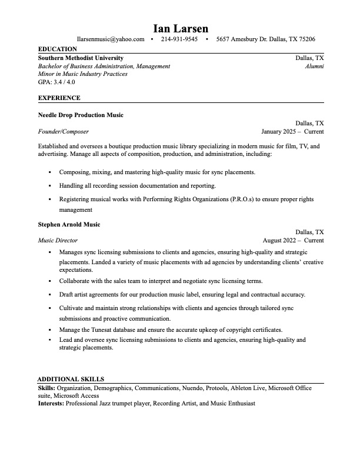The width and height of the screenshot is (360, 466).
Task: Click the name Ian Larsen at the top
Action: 181,28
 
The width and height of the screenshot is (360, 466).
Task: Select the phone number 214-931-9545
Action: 179,39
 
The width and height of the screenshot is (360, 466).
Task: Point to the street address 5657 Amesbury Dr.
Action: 241,39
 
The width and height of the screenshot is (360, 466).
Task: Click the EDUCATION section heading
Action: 57,49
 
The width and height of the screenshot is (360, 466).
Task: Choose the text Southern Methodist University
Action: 81,58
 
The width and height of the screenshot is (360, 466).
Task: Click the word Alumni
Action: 314,66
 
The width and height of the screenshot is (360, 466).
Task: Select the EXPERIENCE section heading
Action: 59,98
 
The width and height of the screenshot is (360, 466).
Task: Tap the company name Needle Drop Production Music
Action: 81,115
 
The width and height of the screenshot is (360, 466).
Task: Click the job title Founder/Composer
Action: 63,131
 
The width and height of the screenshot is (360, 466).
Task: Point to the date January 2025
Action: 280,131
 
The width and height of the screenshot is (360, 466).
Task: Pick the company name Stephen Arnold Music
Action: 69,224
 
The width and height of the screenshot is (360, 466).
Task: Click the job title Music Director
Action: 58,240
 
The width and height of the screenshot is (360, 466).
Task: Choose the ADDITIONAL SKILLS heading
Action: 71,380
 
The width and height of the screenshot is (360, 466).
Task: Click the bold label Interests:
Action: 51,404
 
